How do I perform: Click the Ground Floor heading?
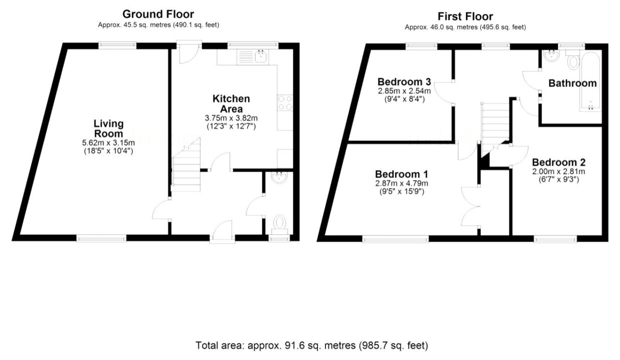(158, 14)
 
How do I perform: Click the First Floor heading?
(465, 16)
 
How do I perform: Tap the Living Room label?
(108, 128)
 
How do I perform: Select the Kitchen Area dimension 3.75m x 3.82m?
(231, 118)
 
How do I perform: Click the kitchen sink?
(252, 57)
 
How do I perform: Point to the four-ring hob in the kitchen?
(285, 102)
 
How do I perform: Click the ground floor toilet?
(279, 225)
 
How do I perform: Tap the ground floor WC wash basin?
(279, 177)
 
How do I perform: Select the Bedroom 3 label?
(404, 82)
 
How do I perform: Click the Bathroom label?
(572, 83)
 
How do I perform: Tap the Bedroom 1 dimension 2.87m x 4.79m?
(401, 183)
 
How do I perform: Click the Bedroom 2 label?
(558, 162)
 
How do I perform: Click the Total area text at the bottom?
(311, 345)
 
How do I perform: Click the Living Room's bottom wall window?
(101, 238)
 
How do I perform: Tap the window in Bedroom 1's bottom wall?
(395, 239)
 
